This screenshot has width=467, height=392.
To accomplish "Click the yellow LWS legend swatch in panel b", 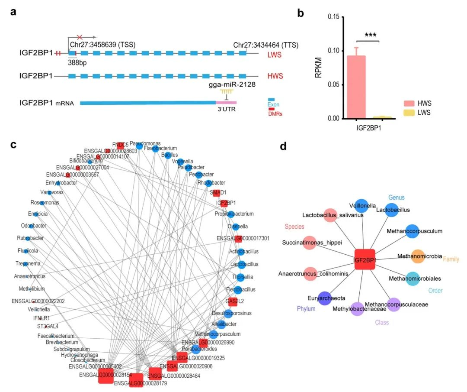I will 409,113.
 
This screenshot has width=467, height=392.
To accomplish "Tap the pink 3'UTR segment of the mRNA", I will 226,103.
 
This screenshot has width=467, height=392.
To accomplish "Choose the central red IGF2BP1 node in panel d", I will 365,260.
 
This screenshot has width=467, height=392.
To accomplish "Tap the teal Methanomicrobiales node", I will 413,278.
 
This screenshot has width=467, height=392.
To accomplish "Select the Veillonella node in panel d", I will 361,206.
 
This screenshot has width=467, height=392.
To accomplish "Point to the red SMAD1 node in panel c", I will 217,193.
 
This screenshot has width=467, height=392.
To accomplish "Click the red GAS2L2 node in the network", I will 233,302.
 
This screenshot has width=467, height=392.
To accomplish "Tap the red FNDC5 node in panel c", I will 120,145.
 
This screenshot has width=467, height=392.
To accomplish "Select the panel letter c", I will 14,145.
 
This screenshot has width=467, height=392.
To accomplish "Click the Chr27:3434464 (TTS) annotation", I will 266,45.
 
